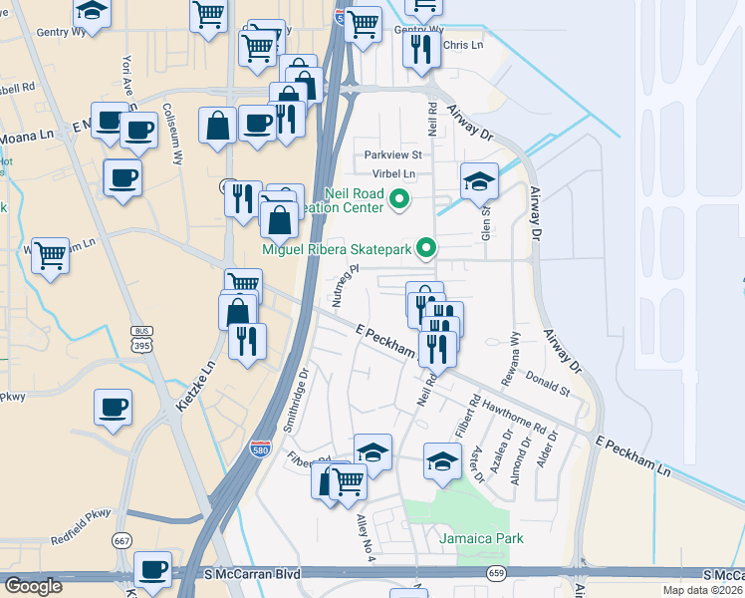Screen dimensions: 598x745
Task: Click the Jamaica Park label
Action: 482,539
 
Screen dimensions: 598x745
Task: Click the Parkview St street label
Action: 393,155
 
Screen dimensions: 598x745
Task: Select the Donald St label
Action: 548,382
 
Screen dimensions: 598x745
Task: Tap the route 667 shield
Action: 123,541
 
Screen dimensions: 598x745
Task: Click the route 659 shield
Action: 496,572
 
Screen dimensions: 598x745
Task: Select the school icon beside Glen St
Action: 479,180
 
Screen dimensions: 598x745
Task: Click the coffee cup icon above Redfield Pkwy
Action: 113,407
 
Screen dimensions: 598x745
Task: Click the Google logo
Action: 33,586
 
